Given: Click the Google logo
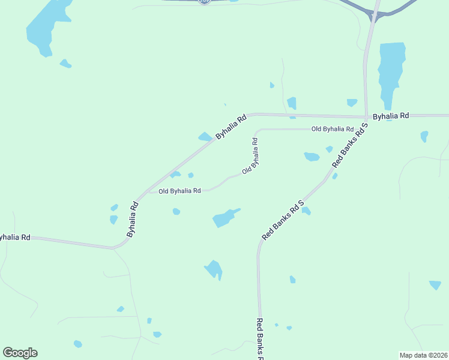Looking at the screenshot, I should (20, 353).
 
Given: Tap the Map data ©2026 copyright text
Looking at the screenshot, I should (423, 355).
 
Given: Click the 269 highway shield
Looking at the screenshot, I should (204, 2).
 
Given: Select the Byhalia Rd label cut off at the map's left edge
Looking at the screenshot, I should (14, 238).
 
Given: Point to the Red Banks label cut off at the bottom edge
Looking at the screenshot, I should (260, 339).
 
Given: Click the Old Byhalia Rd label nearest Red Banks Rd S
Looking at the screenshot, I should (332, 129).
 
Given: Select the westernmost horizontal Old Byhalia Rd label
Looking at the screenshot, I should (179, 191).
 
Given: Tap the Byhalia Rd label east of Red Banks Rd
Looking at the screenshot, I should (390, 115).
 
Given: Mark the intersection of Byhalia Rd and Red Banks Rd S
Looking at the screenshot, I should (366, 116).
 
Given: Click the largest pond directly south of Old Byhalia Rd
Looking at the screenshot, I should (224, 218).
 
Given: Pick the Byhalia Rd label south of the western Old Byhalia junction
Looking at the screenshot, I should (133, 218).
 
